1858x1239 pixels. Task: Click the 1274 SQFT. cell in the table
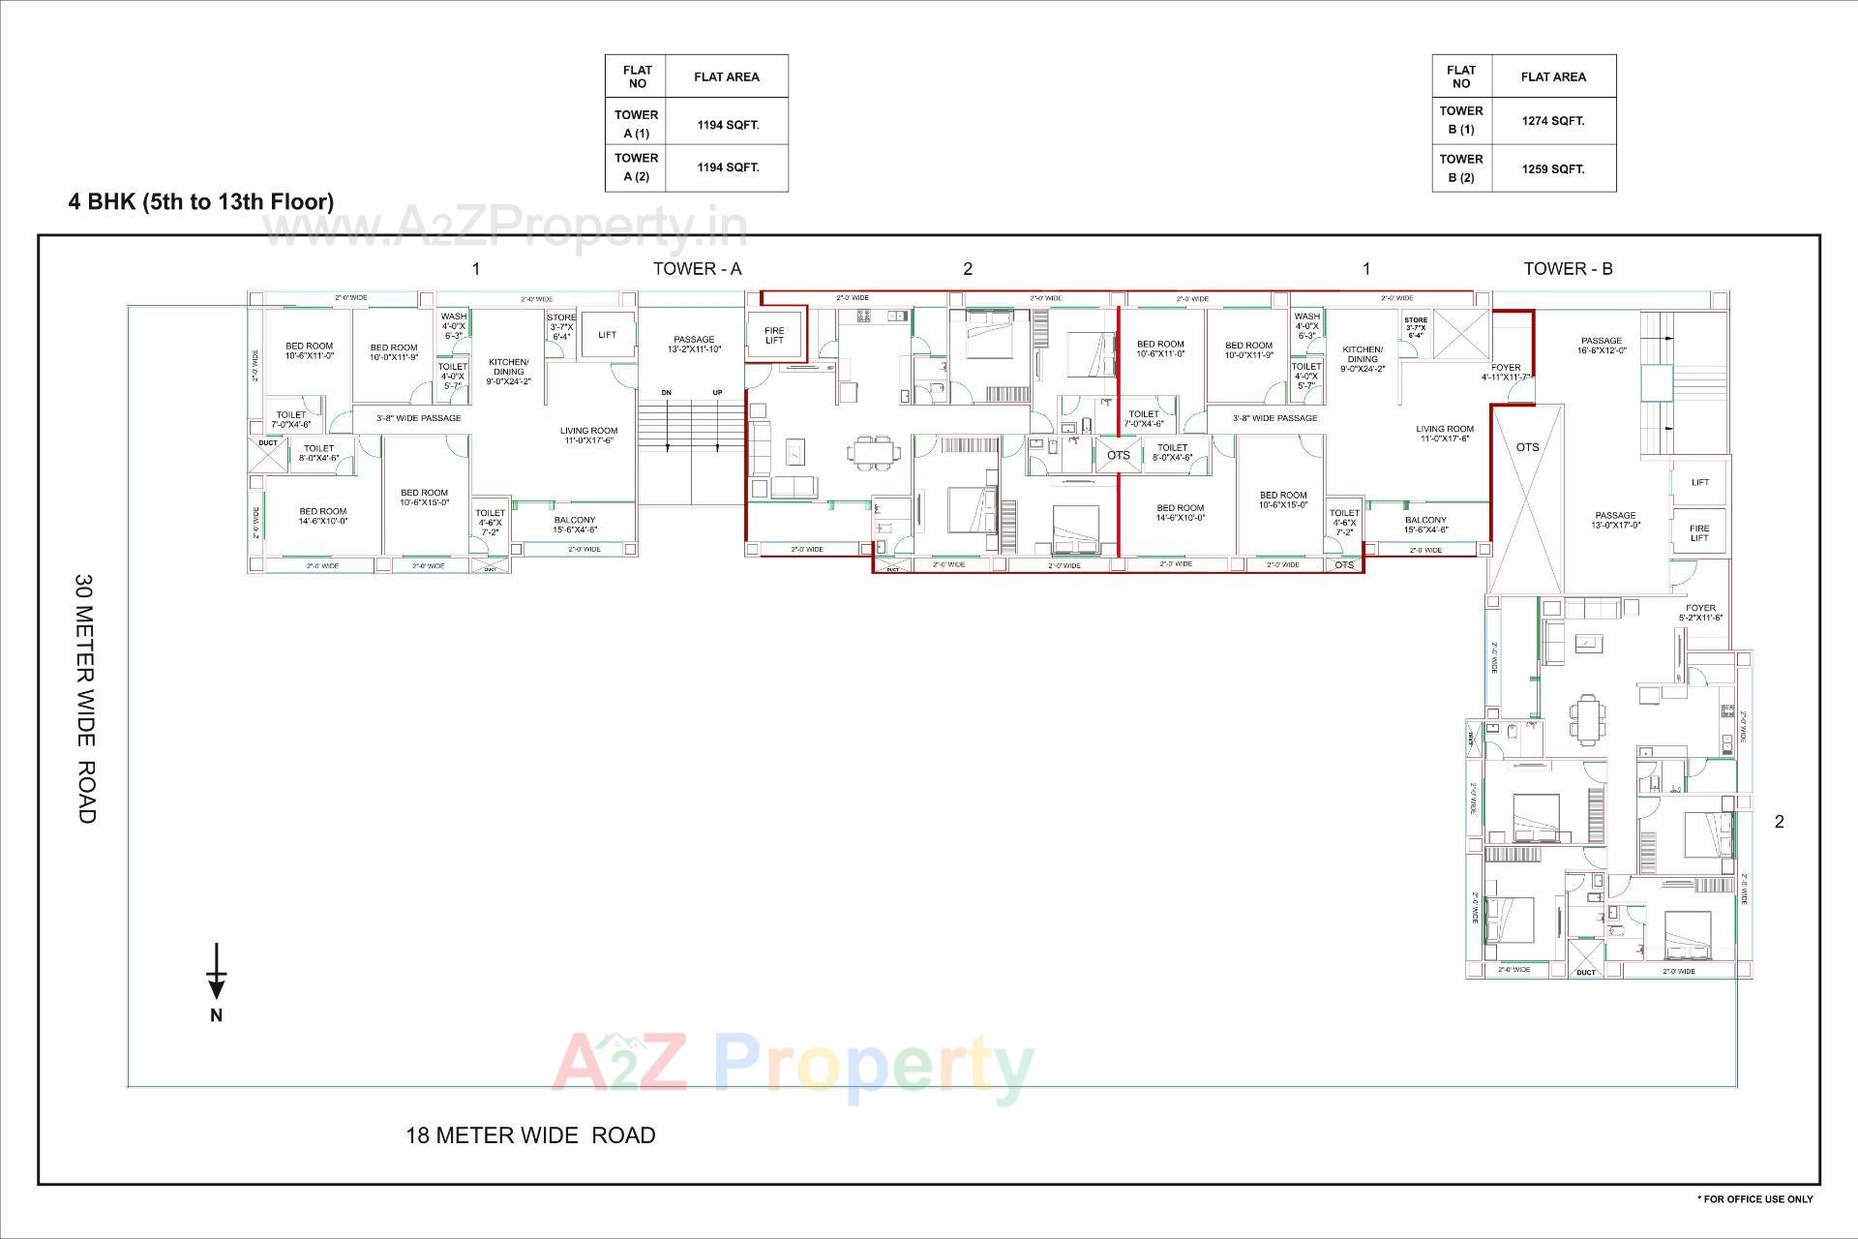1553,121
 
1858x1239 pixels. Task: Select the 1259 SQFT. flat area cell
1553,168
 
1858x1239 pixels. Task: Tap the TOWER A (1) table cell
636,124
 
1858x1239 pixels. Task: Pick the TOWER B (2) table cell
1461,168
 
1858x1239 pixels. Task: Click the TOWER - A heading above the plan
697,269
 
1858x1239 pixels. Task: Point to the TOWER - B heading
1568,269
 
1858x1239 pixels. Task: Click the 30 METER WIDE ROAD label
85,699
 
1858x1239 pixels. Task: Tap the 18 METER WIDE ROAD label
530,1135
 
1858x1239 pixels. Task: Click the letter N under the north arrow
217,1015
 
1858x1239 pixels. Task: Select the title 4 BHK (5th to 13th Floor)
201,201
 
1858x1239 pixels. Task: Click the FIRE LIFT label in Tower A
774,336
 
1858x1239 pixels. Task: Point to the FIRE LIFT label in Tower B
1699,533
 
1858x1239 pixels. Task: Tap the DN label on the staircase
667,392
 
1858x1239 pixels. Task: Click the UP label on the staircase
717,392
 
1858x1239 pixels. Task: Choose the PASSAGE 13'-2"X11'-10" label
694,344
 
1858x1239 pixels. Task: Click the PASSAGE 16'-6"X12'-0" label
1602,346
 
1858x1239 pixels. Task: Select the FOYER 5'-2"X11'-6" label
1700,613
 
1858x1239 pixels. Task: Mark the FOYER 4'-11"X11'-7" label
1506,372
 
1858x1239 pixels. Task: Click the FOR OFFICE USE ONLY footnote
1755,1199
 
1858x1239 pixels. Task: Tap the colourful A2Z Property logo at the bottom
794,1068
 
